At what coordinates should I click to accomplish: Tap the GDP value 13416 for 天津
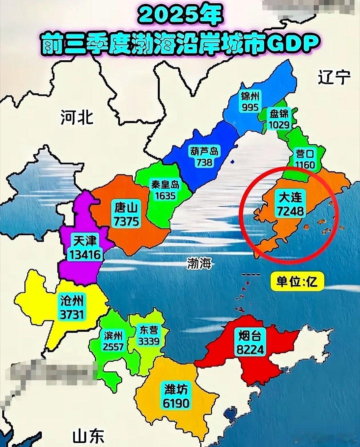click(x=84, y=254)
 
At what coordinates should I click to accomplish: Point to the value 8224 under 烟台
click(x=250, y=349)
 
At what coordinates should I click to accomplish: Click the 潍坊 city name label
click(x=176, y=389)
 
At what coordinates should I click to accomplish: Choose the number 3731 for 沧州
click(x=72, y=314)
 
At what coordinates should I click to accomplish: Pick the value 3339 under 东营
click(x=149, y=341)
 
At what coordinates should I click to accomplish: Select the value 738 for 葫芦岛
click(x=204, y=162)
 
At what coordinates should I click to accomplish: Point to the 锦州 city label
click(x=250, y=97)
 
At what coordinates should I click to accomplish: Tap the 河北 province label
click(x=77, y=117)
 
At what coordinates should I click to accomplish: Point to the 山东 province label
click(x=88, y=435)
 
